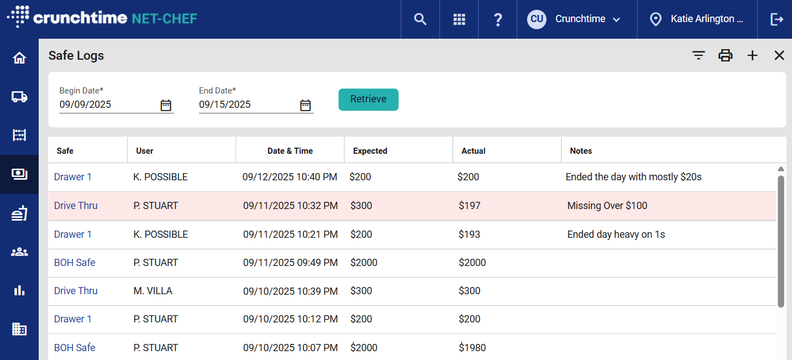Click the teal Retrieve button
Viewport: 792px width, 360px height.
click(368, 100)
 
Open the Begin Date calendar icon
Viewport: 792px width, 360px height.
click(166, 105)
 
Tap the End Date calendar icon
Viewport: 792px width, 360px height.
click(306, 105)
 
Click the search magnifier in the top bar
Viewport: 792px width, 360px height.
click(420, 19)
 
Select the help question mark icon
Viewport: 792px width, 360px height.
click(497, 19)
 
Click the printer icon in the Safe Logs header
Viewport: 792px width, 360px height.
click(725, 55)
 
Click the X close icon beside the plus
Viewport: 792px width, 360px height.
click(779, 55)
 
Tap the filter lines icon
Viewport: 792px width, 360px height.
click(699, 55)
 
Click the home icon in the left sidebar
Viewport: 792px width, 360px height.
click(19, 58)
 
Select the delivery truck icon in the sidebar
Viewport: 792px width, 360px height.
click(19, 97)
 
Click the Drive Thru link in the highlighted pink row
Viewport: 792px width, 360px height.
click(76, 206)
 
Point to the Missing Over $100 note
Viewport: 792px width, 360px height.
click(607, 206)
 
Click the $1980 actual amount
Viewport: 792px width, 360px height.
click(472, 348)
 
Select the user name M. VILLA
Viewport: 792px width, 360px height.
click(153, 291)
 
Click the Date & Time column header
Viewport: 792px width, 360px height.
click(290, 151)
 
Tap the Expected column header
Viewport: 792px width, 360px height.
click(370, 151)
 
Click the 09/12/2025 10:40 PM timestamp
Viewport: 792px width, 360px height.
click(290, 177)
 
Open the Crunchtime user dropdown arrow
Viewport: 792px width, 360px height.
click(617, 19)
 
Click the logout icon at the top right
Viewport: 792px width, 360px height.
click(777, 19)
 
